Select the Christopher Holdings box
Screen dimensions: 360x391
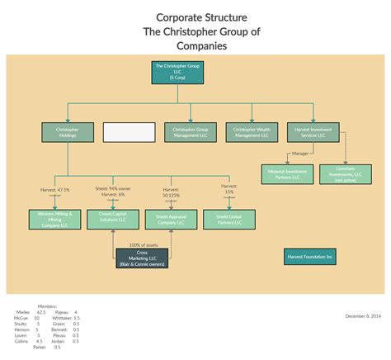[x=67, y=132]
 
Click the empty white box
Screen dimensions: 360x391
[x=129, y=132]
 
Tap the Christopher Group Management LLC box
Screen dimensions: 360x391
[x=191, y=132]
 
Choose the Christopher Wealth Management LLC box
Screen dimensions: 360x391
[x=251, y=132]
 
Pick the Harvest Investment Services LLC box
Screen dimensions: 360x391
[x=311, y=132]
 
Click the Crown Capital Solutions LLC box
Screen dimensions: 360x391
[x=112, y=219]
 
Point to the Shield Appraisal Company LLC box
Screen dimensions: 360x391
[x=171, y=219]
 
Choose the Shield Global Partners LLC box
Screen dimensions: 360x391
[x=229, y=219]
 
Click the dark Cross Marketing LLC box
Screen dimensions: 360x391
[x=142, y=258]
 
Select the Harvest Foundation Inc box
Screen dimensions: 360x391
[x=310, y=257]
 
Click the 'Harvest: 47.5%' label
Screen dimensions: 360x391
[x=54, y=190]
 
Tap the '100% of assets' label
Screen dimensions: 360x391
[x=143, y=244]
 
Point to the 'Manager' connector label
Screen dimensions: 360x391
[x=300, y=154]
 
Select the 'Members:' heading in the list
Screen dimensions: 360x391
[x=47, y=306]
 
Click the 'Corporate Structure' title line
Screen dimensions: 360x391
[x=200, y=17]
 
